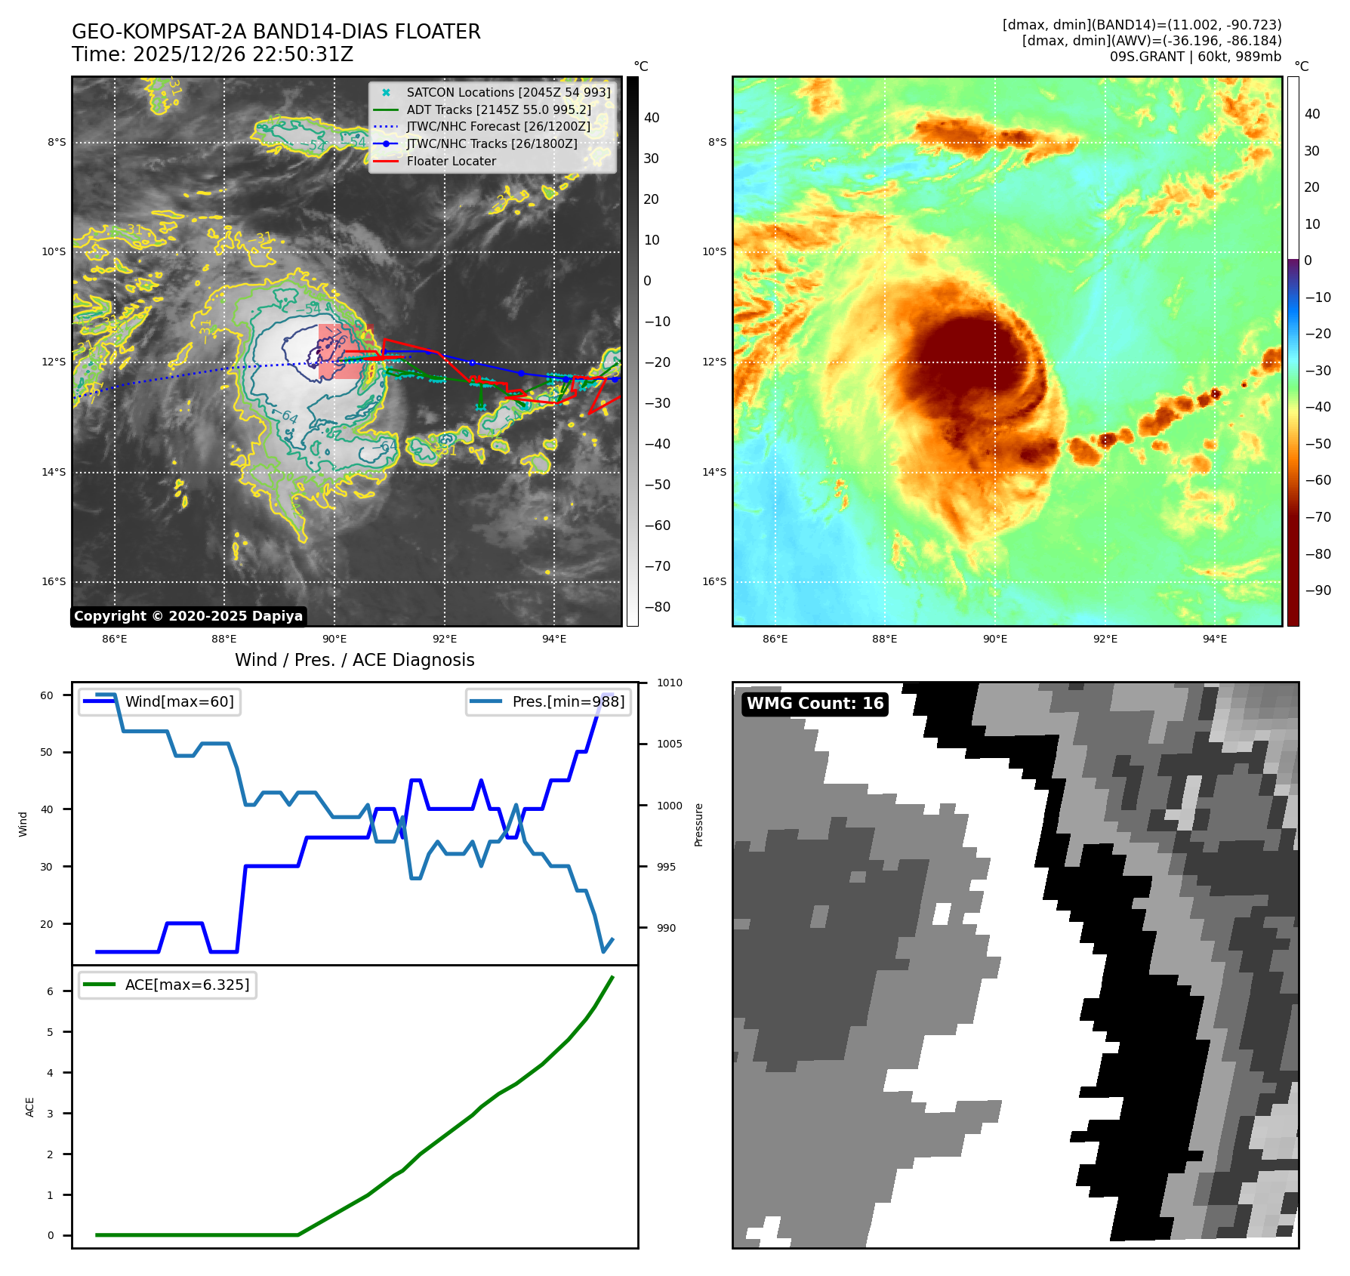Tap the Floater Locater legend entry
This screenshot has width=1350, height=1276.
pyautogui.click(x=451, y=161)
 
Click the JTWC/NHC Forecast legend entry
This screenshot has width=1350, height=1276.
pyautogui.click(x=498, y=126)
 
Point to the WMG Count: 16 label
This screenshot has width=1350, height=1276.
pyautogui.click(x=815, y=704)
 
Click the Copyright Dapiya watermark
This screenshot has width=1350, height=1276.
pyautogui.click(x=188, y=616)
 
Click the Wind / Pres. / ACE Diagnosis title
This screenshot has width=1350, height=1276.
pyautogui.click(x=354, y=660)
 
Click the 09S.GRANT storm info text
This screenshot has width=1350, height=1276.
pyautogui.click(x=1194, y=57)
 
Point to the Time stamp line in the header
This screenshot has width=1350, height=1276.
pyautogui.click(x=212, y=54)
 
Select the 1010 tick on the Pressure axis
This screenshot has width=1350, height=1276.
pyautogui.click(x=669, y=683)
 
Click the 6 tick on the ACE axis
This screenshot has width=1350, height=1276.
pyautogui.click(x=51, y=991)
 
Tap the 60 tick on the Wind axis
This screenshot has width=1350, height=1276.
pyautogui.click(x=47, y=695)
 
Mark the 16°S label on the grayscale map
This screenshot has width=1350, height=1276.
pyautogui.click(x=54, y=581)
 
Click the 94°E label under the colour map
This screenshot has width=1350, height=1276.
pyautogui.click(x=1214, y=639)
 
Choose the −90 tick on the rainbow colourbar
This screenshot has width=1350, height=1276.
pyautogui.click(x=1318, y=590)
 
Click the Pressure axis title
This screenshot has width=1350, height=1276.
pyautogui.click(x=698, y=824)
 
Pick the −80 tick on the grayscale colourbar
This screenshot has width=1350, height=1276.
pyautogui.click(x=656, y=607)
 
